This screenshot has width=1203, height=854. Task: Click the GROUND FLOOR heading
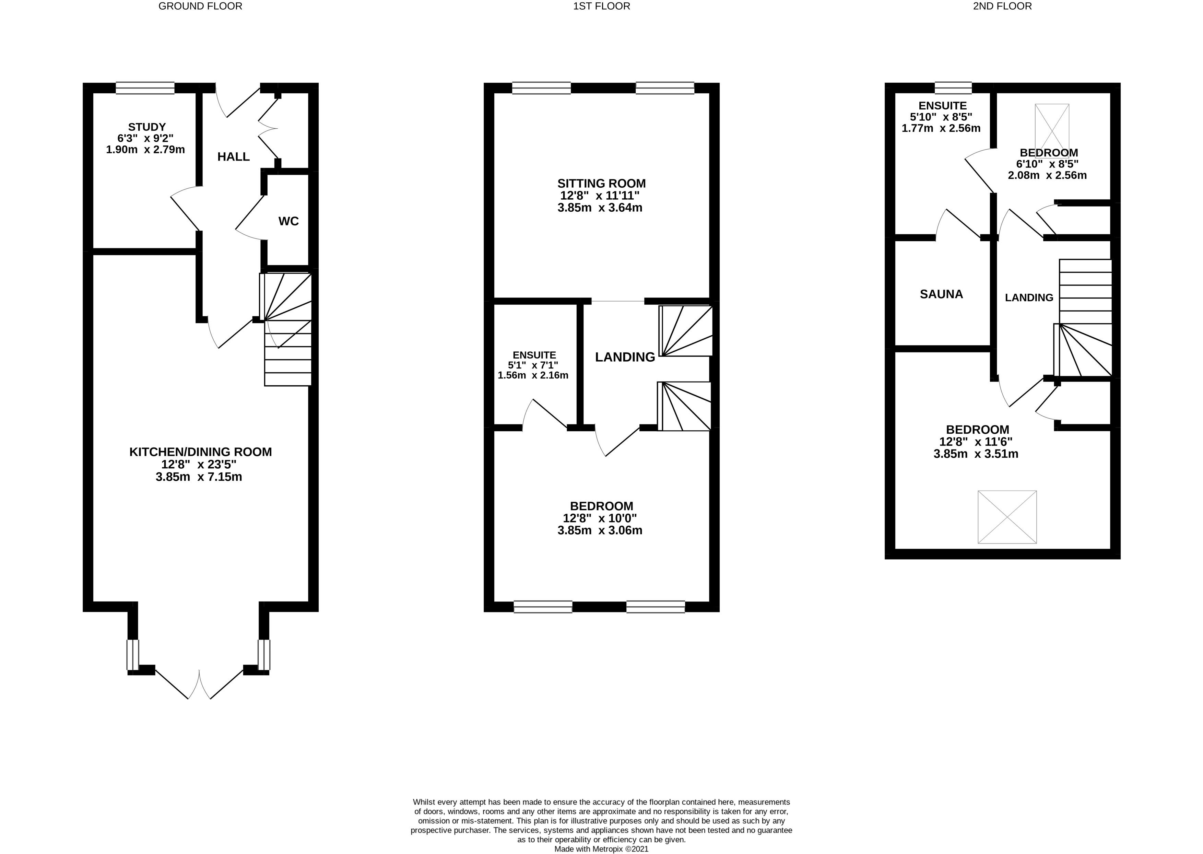point(200,6)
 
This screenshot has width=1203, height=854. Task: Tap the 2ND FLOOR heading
point(1002,6)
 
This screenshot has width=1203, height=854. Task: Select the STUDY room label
point(147,127)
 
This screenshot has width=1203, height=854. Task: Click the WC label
point(288,221)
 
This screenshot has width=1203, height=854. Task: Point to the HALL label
point(234,157)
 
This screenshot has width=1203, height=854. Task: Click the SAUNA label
point(941,294)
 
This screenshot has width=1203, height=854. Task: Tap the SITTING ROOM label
point(602,184)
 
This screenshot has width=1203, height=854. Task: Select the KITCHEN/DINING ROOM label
point(200,452)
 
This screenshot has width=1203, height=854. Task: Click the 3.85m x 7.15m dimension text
point(199,477)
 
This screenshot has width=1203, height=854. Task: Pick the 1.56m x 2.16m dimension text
point(533,375)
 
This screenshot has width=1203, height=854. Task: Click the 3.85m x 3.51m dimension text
point(976,454)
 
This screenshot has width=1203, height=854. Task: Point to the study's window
point(145,88)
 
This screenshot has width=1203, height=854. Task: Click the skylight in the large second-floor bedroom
point(1007,517)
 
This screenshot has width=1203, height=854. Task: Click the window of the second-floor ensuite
point(953,88)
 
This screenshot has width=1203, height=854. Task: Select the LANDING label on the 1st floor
point(625,357)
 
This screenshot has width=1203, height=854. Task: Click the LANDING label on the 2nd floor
point(1029,297)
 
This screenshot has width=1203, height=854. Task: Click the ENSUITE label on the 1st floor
point(534,355)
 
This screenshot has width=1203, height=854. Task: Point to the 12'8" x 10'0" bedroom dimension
point(600,518)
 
